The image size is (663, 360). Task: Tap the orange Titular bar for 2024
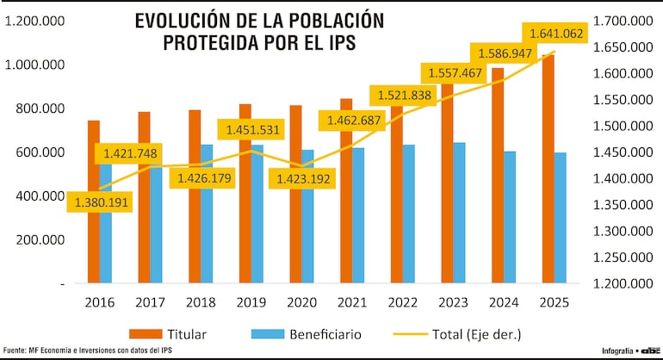point(496,181)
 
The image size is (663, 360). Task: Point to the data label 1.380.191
point(100,203)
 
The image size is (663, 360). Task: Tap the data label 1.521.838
point(404,96)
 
